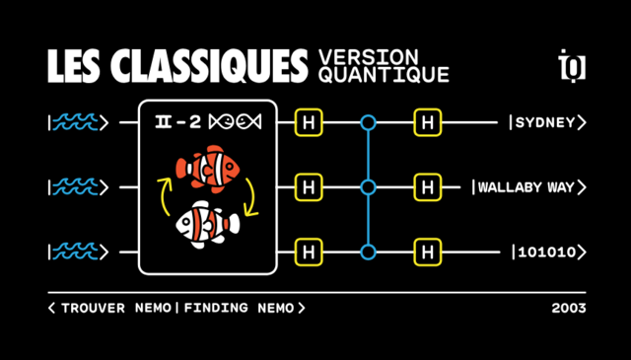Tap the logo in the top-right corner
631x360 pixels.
tap(571, 65)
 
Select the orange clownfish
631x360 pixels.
tap(208, 167)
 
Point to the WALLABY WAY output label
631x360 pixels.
tap(529, 186)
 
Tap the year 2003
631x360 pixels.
tap(568, 308)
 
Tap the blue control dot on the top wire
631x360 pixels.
tap(368, 122)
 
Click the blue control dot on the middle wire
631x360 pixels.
tap(368, 186)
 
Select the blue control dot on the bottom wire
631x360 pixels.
tap(368, 252)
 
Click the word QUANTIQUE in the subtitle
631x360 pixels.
tap(384, 74)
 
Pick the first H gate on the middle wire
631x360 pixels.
tap(309, 186)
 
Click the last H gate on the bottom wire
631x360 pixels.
tap(426, 252)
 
